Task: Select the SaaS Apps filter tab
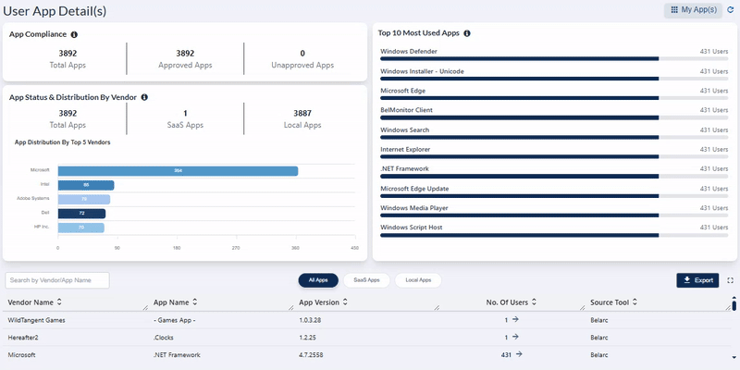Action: [367, 279]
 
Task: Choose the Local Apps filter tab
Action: [418, 279]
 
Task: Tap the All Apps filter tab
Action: [318, 279]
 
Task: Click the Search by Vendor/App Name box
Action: [57, 279]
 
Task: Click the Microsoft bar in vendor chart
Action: [178, 171]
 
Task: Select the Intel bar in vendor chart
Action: [86, 185]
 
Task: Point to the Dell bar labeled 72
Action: [81, 213]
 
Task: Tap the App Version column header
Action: [325, 302]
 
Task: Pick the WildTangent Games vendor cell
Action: [36, 320]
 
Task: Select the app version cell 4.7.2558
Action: [313, 354]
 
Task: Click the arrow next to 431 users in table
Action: [519, 353]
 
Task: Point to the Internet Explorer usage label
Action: [412, 149]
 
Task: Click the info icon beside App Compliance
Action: [75, 34]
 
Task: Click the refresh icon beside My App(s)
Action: [731, 9]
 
